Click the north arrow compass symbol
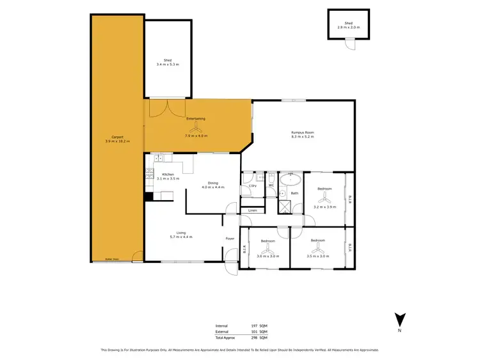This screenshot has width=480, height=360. [x=399, y=318]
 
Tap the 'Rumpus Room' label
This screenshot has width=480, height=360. [x=303, y=132]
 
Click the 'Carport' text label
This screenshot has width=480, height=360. [x=117, y=137]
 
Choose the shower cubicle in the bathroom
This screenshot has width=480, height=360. [x=284, y=207]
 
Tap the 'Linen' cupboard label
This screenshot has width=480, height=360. [x=252, y=210]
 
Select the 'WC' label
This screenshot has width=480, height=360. [x=271, y=185]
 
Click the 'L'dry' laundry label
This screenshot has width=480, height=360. [x=252, y=185]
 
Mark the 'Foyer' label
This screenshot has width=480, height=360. [x=230, y=239]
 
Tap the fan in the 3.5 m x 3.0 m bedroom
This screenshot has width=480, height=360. [x=317, y=249]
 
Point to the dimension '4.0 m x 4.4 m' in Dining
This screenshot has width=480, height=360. [x=212, y=187]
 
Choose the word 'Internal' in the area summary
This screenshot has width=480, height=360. [x=221, y=325]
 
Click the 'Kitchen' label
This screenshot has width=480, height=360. [x=168, y=175]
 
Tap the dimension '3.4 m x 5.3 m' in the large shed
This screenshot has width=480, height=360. [x=168, y=65]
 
